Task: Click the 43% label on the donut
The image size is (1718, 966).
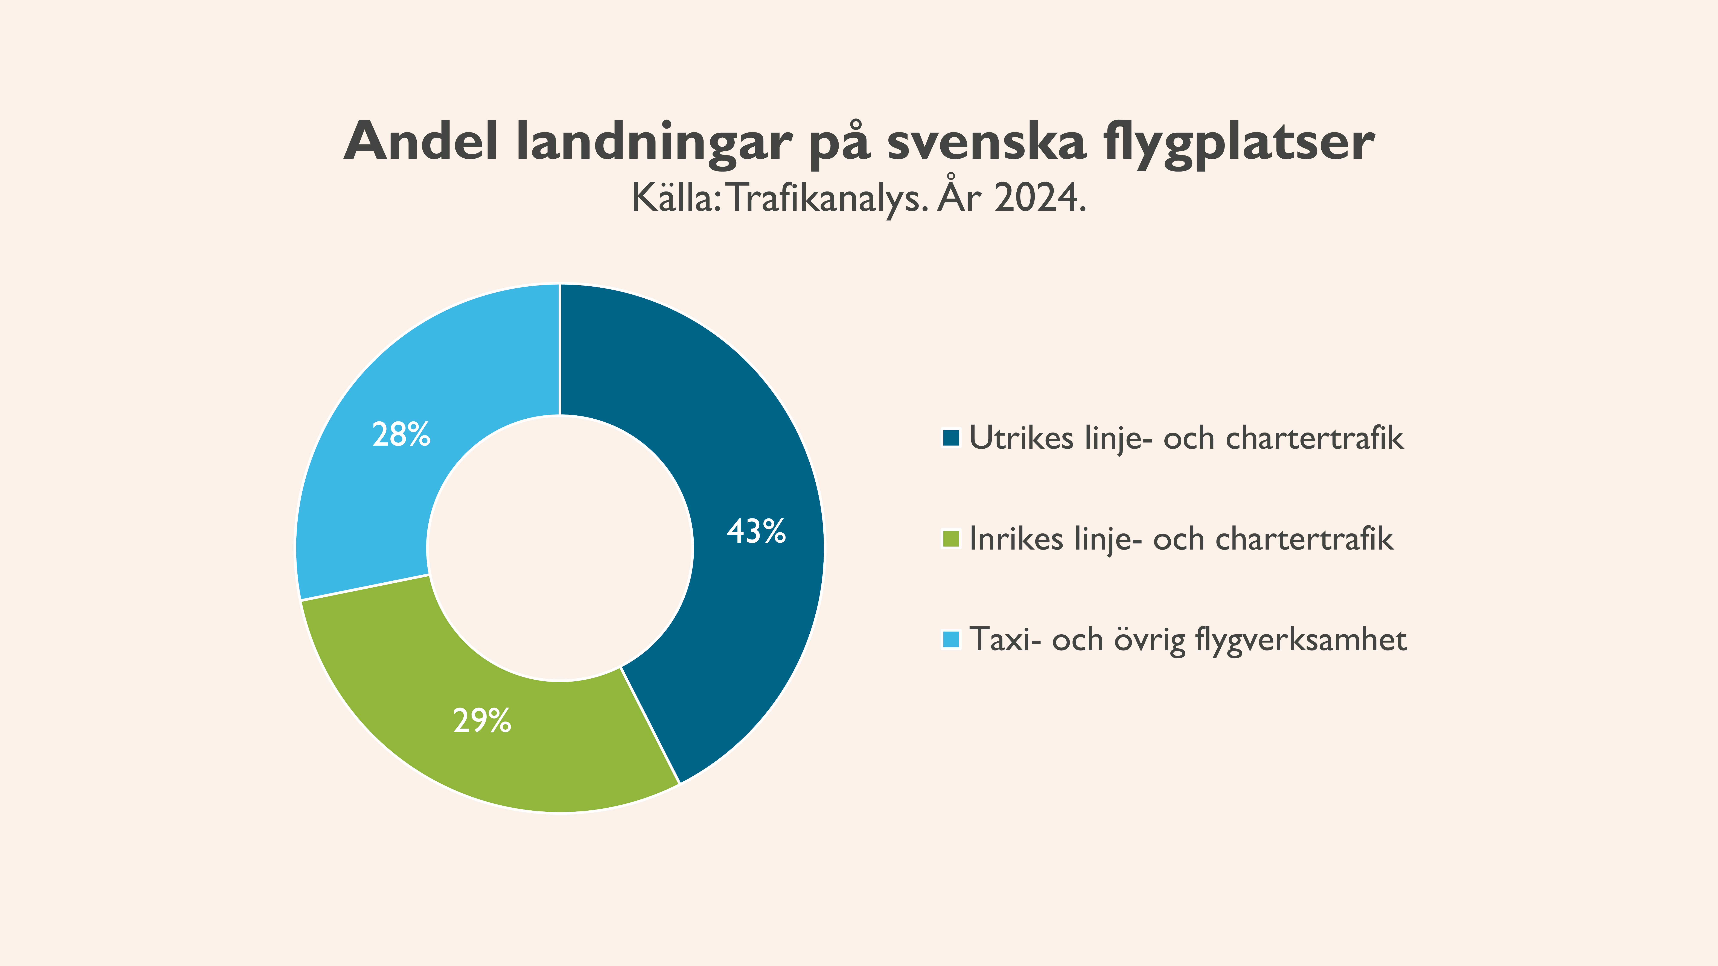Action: click(756, 531)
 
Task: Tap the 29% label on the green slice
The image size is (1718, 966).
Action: click(481, 721)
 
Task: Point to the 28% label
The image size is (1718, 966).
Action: click(401, 435)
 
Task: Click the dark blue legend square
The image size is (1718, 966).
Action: click(950, 438)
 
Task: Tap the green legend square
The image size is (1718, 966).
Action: click(950, 539)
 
